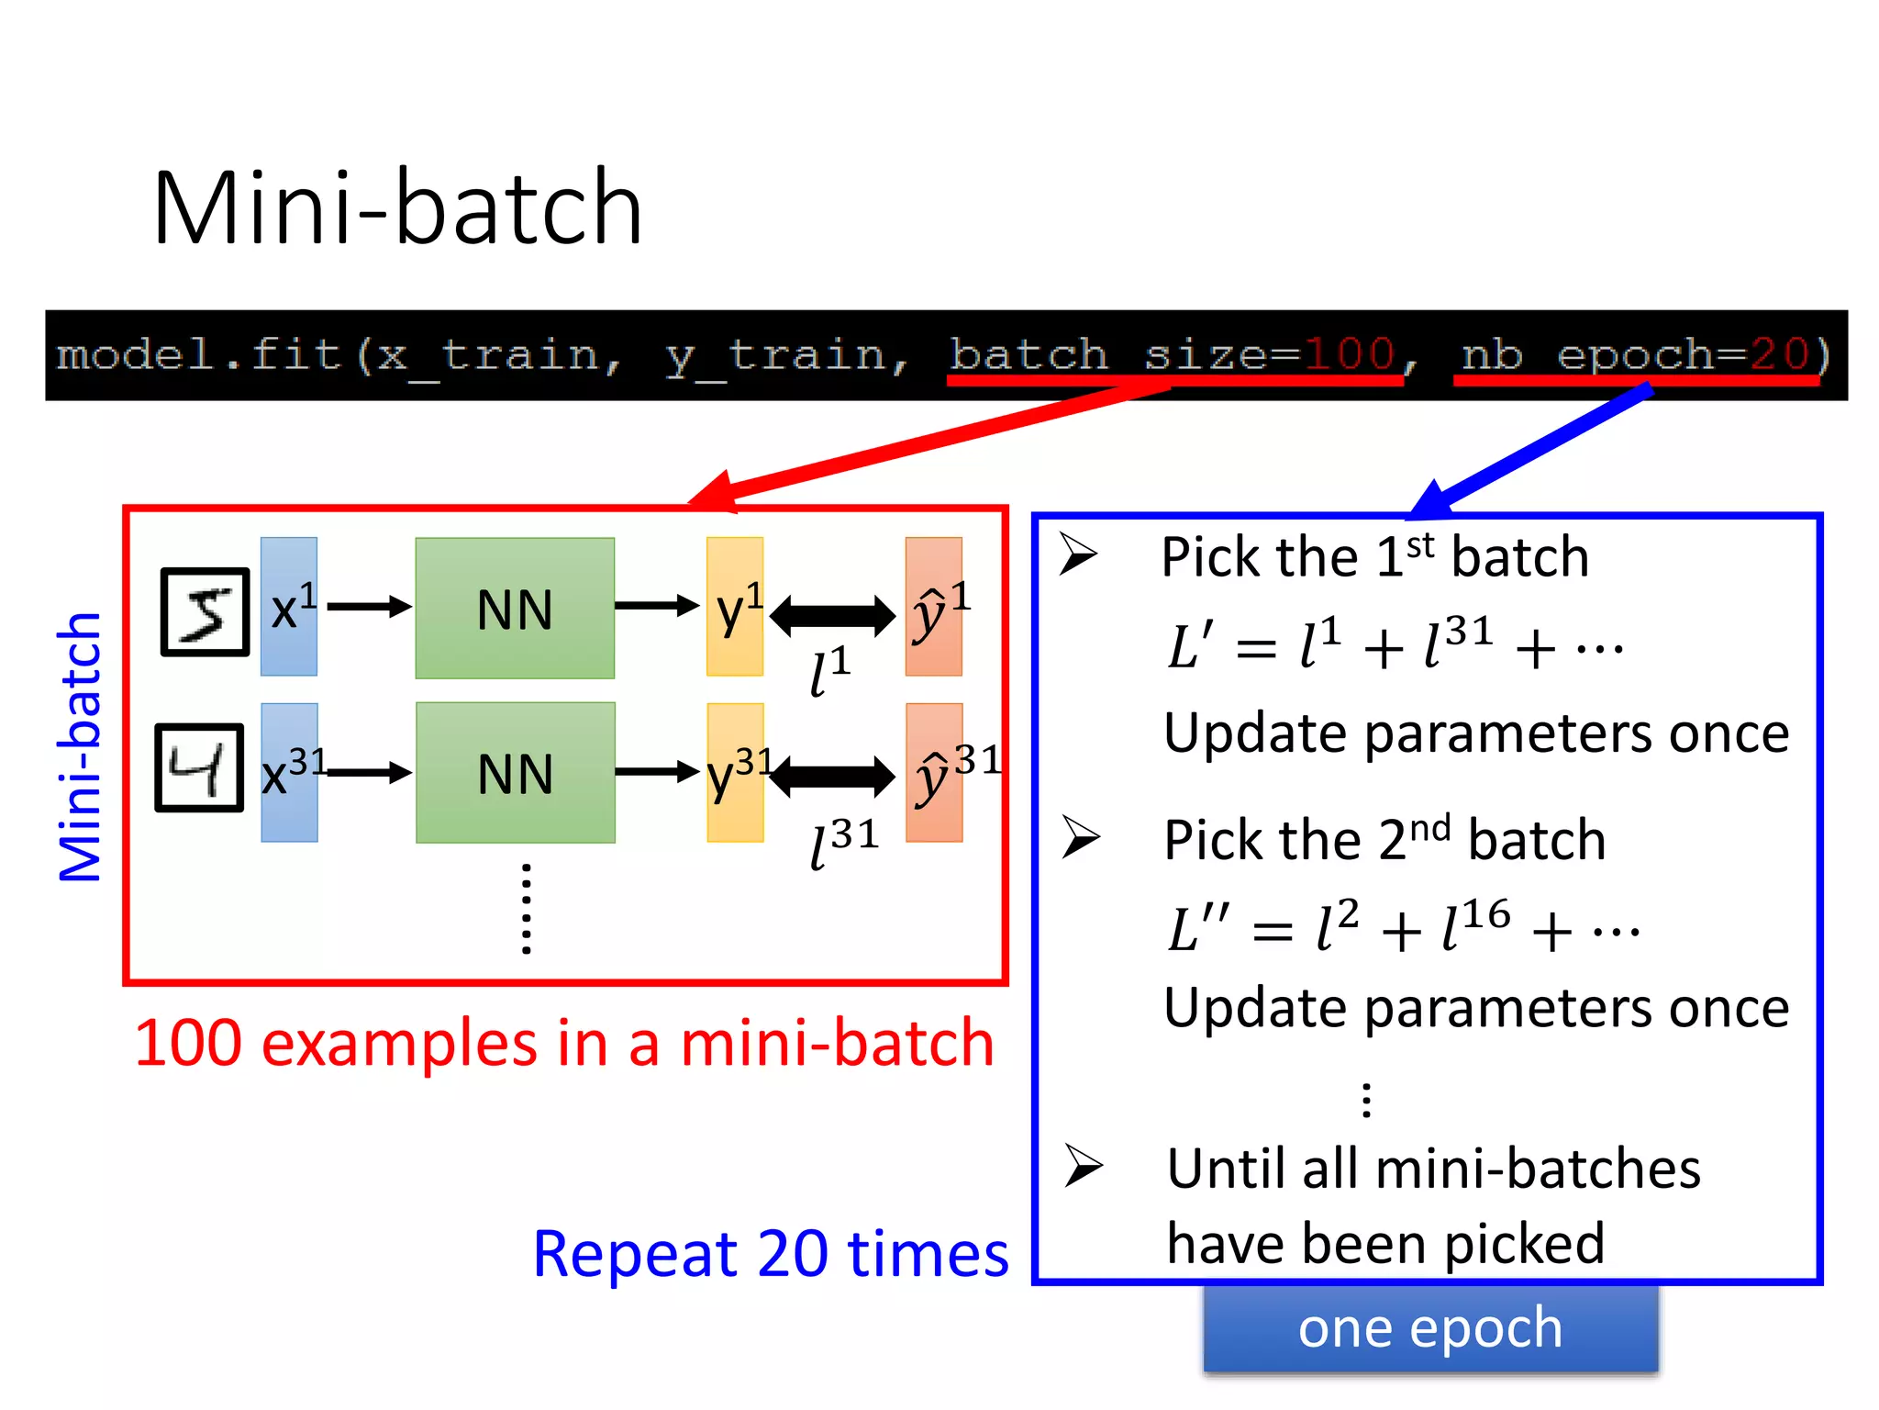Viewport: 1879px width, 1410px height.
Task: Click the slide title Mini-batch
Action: tap(396, 209)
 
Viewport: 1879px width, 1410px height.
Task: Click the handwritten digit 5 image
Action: tap(205, 611)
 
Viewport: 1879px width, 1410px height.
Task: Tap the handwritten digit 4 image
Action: tap(199, 767)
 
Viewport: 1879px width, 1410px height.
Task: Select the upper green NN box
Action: tap(515, 608)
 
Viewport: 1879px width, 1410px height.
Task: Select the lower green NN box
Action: tap(515, 772)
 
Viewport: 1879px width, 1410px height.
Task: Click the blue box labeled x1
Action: tap(289, 607)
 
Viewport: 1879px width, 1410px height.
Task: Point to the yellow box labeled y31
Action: tap(734, 773)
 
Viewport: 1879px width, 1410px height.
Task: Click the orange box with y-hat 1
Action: tap(933, 607)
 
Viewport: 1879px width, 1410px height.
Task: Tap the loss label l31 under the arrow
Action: tap(842, 843)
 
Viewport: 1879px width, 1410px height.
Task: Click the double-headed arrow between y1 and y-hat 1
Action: tap(832, 615)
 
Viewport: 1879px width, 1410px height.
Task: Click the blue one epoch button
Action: tap(1429, 1327)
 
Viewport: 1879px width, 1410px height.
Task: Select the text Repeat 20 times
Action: tap(770, 1254)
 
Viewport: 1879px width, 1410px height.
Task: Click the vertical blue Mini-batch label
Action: tap(80, 746)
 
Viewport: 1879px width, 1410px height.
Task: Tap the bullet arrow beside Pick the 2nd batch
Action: tap(1081, 836)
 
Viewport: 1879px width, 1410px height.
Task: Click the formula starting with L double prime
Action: tap(1402, 927)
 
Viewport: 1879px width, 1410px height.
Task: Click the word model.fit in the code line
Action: tap(198, 354)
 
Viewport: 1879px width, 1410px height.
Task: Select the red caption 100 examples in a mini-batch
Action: tap(564, 1044)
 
